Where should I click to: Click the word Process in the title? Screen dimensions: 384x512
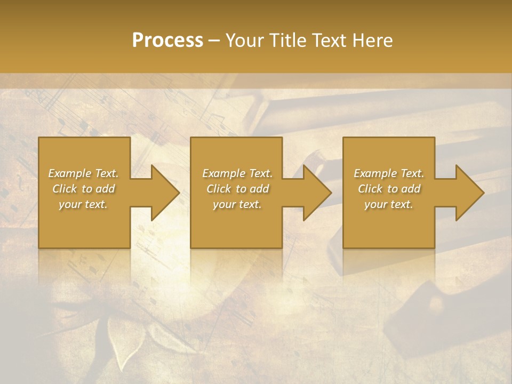click(167, 41)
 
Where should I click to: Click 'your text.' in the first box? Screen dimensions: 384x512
click(83, 204)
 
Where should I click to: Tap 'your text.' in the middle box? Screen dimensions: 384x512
click(237, 204)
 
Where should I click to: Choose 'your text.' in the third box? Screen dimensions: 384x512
click(389, 204)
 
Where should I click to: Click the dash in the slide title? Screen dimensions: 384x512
click(214, 41)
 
